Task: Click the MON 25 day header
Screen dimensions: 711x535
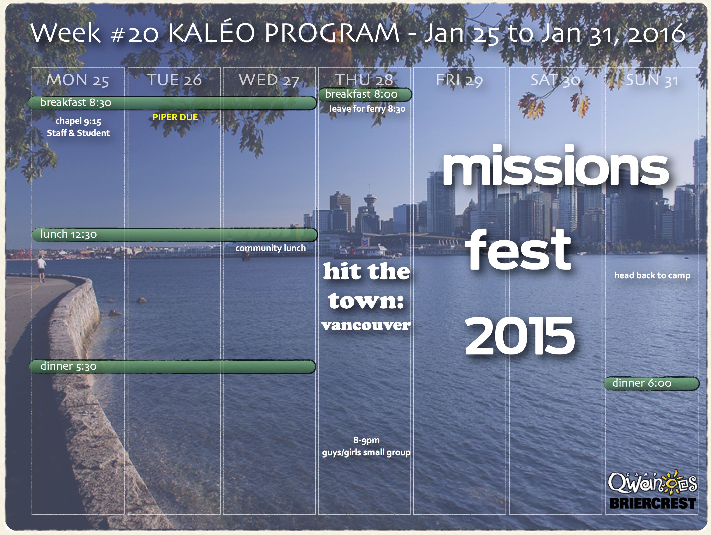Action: coord(78,80)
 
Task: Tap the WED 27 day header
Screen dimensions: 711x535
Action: coord(269,80)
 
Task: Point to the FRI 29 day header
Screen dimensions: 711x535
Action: coord(459,80)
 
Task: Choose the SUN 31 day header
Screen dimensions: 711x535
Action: coord(652,80)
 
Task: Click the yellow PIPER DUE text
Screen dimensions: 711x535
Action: coord(175,117)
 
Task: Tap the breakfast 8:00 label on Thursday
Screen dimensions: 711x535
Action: coord(361,94)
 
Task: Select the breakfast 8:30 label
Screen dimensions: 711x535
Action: coord(76,102)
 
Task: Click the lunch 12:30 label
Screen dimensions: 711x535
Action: coord(69,234)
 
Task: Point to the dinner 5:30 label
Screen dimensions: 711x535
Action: coord(69,366)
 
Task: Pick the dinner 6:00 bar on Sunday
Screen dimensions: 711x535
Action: coord(652,383)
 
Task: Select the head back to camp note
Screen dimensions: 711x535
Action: coord(652,276)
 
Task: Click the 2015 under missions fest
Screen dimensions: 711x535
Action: coord(519,335)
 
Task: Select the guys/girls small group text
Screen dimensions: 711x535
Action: coord(366,453)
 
